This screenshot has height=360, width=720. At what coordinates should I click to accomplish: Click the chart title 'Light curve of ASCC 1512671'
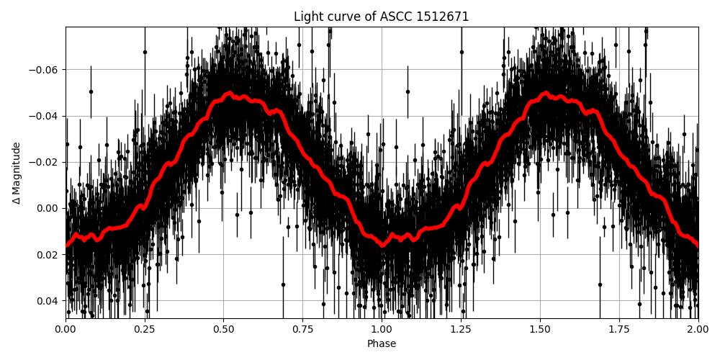pos(382,17)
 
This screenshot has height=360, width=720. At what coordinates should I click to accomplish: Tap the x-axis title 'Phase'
pos(382,344)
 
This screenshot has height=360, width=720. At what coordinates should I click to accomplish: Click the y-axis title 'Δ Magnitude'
pos(17,173)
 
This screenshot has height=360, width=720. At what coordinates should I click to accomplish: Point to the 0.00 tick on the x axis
pos(66,330)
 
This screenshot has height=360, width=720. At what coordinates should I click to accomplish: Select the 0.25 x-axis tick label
pos(145,330)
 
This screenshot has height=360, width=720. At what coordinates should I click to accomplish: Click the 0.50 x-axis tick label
pos(224,330)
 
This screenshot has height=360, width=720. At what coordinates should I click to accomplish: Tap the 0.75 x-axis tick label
pos(302,330)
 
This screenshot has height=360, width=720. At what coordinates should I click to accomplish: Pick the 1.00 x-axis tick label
pos(382,330)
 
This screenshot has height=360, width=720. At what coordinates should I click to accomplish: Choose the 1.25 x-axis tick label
pos(461,330)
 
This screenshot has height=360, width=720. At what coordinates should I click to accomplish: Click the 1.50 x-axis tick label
pos(540,330)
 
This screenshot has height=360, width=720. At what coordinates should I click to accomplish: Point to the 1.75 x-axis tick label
pos(619,330)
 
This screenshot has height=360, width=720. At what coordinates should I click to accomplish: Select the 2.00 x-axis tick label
pos(698,330)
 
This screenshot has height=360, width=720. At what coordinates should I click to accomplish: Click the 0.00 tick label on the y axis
pos(48,208)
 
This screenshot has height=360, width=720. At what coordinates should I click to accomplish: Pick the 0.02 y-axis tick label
pos(48,254)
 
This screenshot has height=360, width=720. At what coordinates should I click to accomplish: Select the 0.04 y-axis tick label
pos(48,300)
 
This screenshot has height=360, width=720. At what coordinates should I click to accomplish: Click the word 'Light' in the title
pos(307,17)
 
